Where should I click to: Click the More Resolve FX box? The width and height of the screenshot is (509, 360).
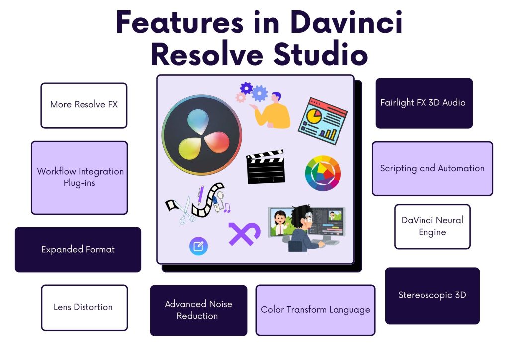(84, 105)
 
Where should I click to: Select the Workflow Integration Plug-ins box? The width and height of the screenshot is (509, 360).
(80, 178)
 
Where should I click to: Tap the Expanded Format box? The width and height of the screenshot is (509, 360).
(78, 250)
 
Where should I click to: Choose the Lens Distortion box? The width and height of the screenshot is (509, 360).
(84, 307)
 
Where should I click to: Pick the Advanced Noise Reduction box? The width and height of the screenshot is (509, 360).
(198, 310)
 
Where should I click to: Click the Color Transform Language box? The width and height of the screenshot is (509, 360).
(315, 310)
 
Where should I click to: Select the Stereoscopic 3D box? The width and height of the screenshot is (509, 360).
(432, 295)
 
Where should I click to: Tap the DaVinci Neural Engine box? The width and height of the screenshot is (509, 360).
(432, 226)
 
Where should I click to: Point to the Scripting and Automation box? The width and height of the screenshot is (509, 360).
(432, 168)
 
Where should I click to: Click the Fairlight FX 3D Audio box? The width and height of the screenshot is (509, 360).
(424, 103)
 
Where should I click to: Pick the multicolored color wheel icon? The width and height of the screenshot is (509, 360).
(323, 174)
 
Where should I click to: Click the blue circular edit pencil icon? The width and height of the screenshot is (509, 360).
(198, 246)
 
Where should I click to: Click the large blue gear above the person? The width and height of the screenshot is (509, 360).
(259, 93)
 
